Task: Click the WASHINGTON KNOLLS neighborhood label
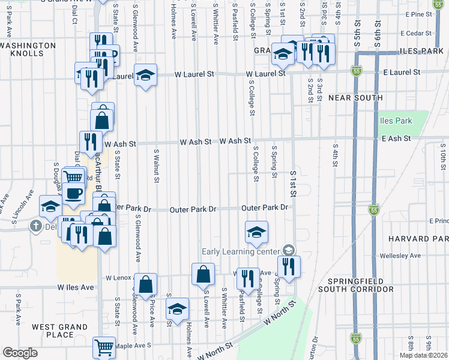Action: coord(28,49)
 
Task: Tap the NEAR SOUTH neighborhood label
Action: coord(355,98)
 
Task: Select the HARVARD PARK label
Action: coord(418,239)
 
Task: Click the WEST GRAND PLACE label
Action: coord(53,331)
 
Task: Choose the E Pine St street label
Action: coord(418,14)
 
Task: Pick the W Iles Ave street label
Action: coord(76,287)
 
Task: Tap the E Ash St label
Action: coord(396,139)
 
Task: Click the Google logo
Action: coord(20,353)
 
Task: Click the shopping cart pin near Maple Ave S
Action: coord(104,347)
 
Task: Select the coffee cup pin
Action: coord(74,194)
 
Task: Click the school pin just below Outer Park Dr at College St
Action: coord(256,232)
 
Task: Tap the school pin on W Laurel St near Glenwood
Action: coord(145,75)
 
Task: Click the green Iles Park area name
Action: coord(396,121)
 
